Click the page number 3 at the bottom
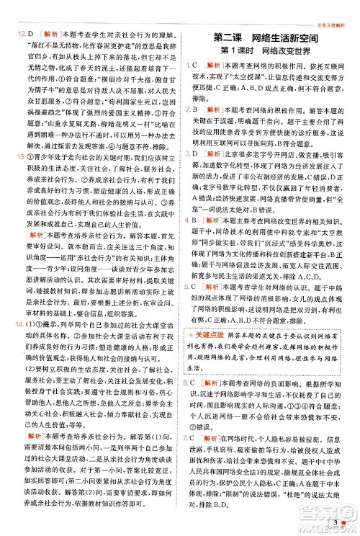[x=337, y=522]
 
